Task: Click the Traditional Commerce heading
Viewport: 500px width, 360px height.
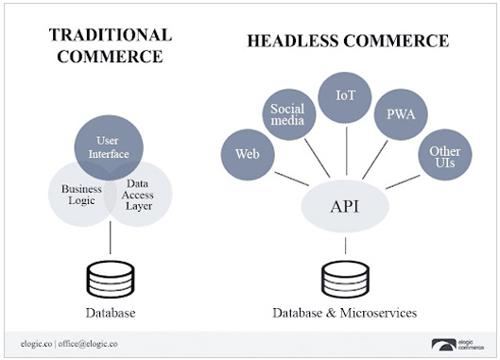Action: point(111,45)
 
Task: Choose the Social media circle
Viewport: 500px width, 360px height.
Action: point(285,115)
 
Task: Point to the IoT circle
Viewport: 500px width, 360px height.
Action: point(345,95)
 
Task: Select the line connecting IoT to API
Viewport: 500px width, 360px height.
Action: point(345,151)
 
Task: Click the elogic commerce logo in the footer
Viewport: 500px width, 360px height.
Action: point(457,344)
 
